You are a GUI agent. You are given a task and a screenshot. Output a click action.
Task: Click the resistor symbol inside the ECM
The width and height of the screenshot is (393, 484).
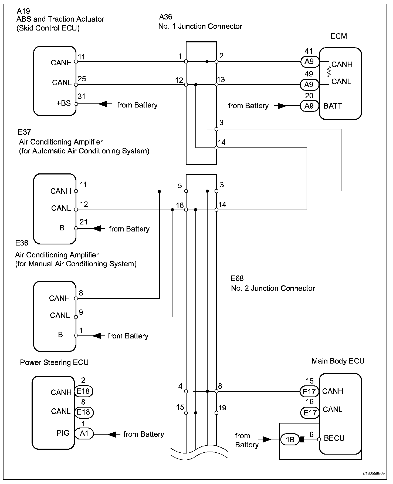click(329, 72)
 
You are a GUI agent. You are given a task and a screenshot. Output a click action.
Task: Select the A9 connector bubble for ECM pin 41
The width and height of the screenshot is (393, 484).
click(309, 62)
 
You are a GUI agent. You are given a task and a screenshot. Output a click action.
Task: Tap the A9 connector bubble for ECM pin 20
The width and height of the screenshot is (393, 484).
click(309, 106)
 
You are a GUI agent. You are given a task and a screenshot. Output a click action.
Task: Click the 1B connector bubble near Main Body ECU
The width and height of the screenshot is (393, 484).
click(290, 439)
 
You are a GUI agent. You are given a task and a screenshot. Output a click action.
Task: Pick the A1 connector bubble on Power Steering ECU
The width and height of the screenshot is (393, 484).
click(84, 434)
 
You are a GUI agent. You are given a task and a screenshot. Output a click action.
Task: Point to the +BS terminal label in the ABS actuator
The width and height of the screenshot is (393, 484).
click(63, 103)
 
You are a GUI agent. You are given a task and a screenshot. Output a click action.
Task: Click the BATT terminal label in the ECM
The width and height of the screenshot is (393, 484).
click(333, 106)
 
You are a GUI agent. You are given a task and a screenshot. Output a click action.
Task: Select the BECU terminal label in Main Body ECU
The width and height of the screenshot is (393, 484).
click(334, 438)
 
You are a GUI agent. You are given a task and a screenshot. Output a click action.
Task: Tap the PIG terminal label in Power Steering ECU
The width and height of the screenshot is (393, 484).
click(63, 433)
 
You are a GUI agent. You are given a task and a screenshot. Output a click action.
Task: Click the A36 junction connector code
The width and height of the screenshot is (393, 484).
click(165, 17)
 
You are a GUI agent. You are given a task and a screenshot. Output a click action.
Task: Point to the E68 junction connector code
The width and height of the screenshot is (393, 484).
click(237, 278)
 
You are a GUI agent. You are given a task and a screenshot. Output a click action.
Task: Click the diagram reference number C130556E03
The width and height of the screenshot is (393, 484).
click(374, 473)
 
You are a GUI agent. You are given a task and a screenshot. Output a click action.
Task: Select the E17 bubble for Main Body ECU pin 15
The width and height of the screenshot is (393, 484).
click(309, 391)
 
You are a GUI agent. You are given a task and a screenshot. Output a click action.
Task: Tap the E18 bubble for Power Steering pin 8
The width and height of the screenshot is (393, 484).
click(84, 412)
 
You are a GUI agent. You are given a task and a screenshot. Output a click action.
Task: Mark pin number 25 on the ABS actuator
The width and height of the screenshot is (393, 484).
click(82, 79)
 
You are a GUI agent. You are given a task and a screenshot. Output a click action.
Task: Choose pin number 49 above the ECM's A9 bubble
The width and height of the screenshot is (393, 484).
click(309, 74)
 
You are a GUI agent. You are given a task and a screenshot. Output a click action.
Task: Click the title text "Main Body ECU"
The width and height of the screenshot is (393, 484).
click(338, 361)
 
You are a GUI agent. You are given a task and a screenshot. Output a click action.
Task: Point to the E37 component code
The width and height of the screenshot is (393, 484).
click(24, 132)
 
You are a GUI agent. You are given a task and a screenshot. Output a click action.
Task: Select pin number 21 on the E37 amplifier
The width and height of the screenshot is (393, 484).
click(84, 222)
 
